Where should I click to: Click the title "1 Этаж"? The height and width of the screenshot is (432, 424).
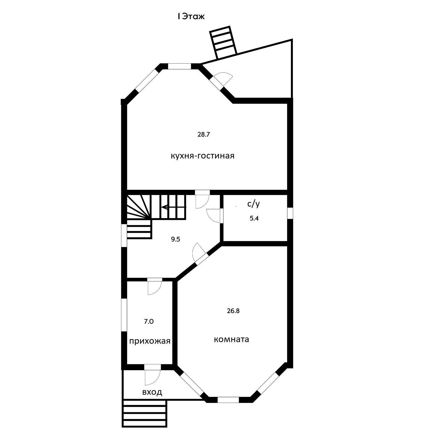click(x=191, y=16)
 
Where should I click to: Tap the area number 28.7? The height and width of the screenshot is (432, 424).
click(x=203, y=134)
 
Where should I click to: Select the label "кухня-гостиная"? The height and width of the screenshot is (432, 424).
click(x=202, y=156)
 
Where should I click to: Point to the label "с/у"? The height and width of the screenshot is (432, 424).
click(x=253, y=204)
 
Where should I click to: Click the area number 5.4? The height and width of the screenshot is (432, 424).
click(x=254, y=218)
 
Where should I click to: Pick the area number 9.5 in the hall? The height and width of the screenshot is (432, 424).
click(x=175, y=239)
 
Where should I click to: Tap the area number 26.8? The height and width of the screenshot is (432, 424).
click(x=233, y=311)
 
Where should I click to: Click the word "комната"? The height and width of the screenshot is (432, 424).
click(x=231, y=339)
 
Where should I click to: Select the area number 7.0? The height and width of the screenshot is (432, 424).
click(x=149, y=322)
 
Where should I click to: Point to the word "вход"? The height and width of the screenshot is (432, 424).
click(x=152, y=392)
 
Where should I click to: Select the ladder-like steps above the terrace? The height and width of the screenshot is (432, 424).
click(x=223, y=42)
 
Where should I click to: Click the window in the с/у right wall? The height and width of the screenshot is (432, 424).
click(x=290, y=213)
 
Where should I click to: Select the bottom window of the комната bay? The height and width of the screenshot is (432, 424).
click(x=228, y=400)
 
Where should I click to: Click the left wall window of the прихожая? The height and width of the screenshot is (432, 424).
click(x=124, y=315)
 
